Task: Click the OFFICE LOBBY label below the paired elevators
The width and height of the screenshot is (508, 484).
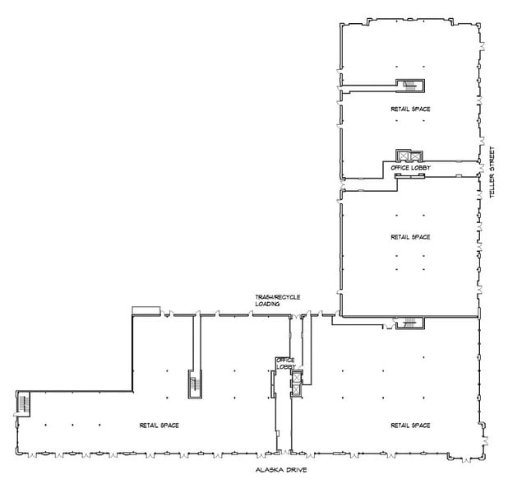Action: [x=411, y=168]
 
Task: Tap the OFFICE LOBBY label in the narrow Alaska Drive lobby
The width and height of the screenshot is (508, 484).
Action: [x=285, y=363]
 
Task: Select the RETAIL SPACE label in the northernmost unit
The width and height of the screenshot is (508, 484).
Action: [x=410, y=109]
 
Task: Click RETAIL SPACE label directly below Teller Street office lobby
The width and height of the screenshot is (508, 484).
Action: [x=410, y=236]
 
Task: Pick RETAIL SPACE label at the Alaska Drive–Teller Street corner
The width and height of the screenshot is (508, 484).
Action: [x=410, y=425]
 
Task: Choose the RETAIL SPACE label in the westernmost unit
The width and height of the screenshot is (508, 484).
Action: [x=159, y=425]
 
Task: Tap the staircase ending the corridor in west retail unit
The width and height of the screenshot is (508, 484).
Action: [x=196, y=384]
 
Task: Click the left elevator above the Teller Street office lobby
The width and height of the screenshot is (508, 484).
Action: [x=403, y=156]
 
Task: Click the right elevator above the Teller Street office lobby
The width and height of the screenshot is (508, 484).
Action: [x=414, y=156]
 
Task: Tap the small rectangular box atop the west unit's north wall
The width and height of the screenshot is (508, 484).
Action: [x=145, y=309]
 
